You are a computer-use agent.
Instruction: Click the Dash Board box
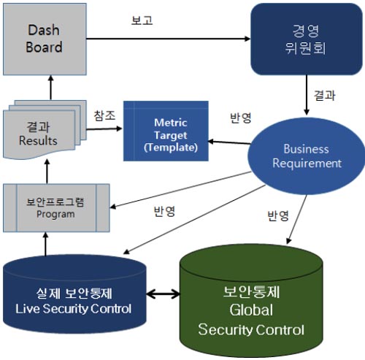tap(45, 39)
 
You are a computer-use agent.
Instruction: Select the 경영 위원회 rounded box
tap(307, 39)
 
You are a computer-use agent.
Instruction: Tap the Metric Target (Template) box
tap(166, 131)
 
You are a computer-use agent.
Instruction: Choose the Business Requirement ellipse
tap(306, 156)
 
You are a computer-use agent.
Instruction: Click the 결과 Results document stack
tap(45, 130)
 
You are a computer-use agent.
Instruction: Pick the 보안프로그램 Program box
tap(56, 208)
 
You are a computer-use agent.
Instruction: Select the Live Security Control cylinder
tap(74, 294)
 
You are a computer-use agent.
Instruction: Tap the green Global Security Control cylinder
tap(251, 301)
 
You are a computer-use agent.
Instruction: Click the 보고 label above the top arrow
tap(142, 20)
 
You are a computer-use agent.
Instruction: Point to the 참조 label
tap(104, 115)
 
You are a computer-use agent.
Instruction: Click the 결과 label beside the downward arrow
tap(325, 95)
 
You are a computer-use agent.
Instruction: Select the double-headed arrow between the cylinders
tap(164, 294)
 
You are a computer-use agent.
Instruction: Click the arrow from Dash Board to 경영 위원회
tap(169, 39)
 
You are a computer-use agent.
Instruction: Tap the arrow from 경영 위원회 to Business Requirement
tap(307, 95)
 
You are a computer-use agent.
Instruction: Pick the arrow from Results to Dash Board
tap(51, 88)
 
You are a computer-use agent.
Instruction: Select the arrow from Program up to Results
tap(47, 172)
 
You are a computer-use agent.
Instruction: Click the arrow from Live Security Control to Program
tap(45, 244)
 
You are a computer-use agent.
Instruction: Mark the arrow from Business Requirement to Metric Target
tap(229, 142)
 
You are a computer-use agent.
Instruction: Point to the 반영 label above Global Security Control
tap(278, 215)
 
